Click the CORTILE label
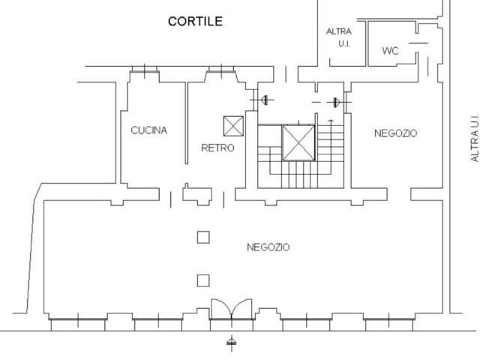[195, 21]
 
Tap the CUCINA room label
[148, 130]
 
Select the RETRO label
[217, 148]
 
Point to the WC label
[390, 51]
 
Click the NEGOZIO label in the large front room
[268, 247]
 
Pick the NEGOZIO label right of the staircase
[395, 133]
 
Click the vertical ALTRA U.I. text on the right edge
[475, 137]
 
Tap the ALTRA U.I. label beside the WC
[339, 37]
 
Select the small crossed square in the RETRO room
[233, 126]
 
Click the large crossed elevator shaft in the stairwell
[298, 142]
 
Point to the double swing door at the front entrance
[232, 310]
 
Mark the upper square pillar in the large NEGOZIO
[203, 237]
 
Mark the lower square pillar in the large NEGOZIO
[203, 280]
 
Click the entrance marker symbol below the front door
[232, 343]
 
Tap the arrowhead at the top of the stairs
[331, 121]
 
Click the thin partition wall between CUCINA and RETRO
[187, 123]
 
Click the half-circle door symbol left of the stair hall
[264, 100]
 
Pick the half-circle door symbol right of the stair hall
[337, 102]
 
